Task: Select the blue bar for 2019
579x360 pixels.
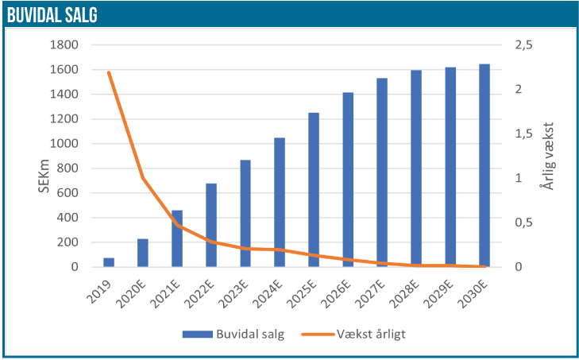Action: pos(109,262)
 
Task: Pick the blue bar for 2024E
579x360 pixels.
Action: pos(280,203)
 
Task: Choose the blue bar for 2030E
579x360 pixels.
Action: pos(484,165)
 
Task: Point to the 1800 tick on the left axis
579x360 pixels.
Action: pos(64,45)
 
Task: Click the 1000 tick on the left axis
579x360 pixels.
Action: pos(64,144)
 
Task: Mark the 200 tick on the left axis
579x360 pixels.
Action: pos(68,242)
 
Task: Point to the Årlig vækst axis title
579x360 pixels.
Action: pos(546,156)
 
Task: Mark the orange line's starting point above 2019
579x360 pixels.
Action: pos(109,72)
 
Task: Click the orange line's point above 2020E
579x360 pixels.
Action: pos(143,178)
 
